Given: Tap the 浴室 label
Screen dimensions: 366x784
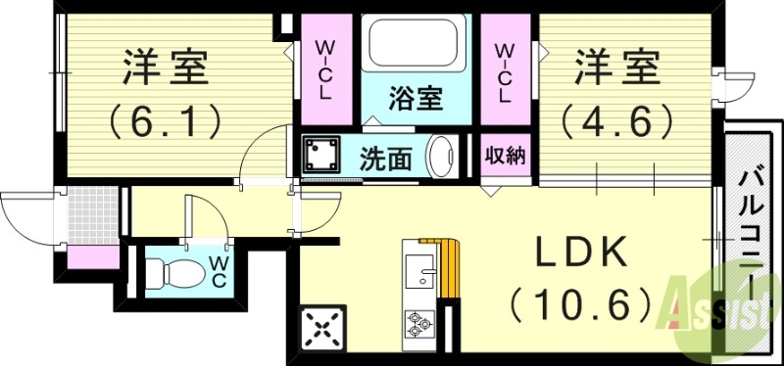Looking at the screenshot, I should click(x=416, y=98).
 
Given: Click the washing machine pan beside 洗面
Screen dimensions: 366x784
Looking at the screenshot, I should click(x=320, y=155).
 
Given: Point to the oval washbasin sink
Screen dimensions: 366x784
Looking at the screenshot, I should click(x=442, y=157).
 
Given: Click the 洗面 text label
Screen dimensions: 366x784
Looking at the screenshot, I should click(x=384, y=157).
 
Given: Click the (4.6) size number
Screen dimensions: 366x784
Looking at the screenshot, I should click(x=616, y=119).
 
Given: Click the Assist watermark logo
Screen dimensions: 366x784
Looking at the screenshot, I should click(x=721, y=308).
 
